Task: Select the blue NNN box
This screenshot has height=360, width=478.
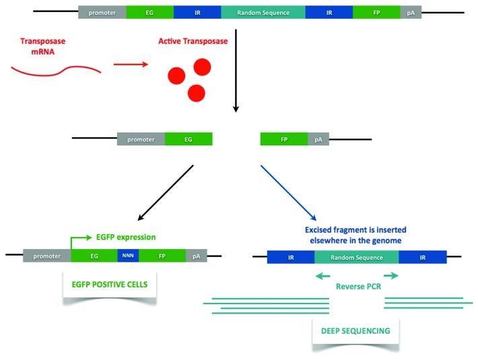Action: click(x=128, y=256)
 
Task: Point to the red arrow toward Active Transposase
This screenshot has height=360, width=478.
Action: click(x=128, y=65)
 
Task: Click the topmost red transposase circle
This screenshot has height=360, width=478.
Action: click(x=203, y=66)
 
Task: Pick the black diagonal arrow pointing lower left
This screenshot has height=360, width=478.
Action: click(x=166, y=192)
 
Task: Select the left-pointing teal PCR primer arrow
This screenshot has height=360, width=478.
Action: click(x=324, y=275)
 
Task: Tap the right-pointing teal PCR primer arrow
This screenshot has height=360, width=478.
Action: click(x=390, y=275)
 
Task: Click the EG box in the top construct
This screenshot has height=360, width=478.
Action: click(x=149, y=13)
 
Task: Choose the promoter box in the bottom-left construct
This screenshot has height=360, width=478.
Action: click(x=46, y=256)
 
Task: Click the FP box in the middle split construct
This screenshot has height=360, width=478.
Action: click(x=284, y=139)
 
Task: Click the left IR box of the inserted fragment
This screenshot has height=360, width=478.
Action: click(x=290, y=256)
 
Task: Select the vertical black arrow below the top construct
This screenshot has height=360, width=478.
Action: click(x=235, y=74)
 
